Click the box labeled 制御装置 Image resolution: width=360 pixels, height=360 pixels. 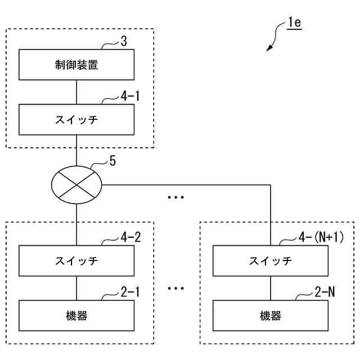pyautogui.click(x=76, y=65)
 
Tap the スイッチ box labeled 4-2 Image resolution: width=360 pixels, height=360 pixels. pyautogui.click(x=76, y=260)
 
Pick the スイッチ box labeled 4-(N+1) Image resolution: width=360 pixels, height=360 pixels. pyautogui.click(x=271, y=260)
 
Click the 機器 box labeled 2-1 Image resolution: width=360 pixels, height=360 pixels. pyautogui.click(x=76, y=315)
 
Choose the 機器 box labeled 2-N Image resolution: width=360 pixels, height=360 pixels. pyautogui.click(x=271, y=315)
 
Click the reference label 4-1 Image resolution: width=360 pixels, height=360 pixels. pyautogui.click(x=129, y=97)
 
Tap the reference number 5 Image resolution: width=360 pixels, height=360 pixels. pyautogui.click(x=112, y=161)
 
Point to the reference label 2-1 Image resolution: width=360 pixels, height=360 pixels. pyautogui.click(x=129, y=293)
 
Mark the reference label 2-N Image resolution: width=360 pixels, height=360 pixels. pyautogui.click(x=325, y=293)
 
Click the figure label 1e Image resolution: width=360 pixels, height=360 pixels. pyautogui.click(x=294, y=24)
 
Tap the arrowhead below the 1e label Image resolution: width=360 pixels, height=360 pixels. pyautogui.click(x=269, y=49)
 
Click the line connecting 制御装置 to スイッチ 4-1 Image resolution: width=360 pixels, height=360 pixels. pyautogui.click(x=76, y=92)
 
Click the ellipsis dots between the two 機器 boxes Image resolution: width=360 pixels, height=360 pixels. pyautogui.click(x=175, y=289)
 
